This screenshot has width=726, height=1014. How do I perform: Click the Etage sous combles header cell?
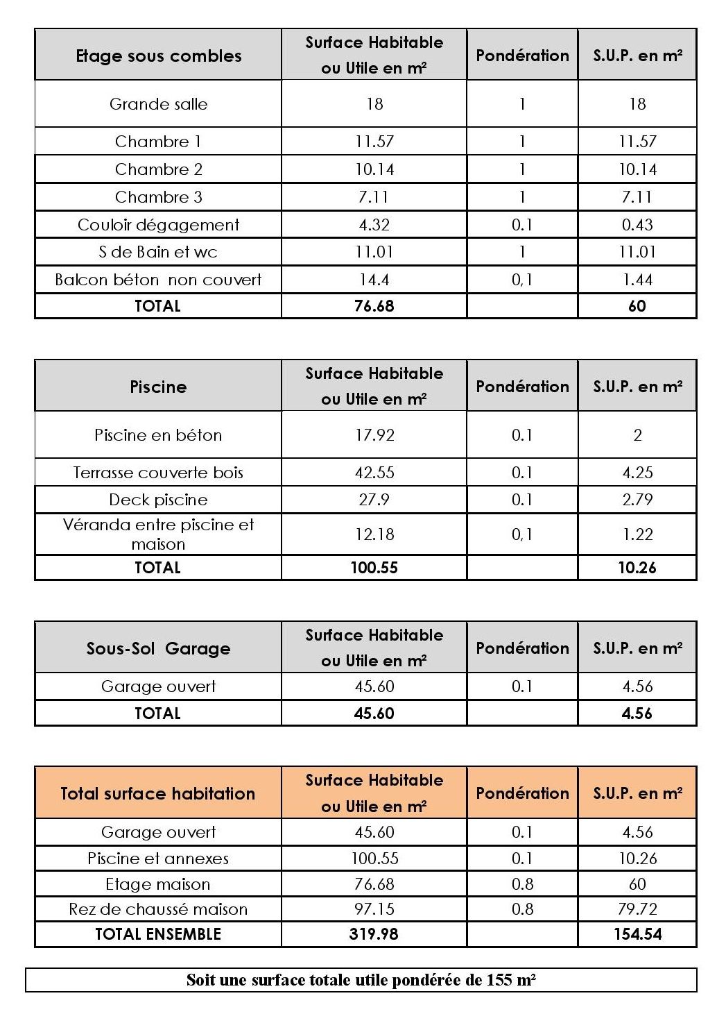point(158,56)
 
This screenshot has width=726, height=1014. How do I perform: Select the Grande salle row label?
point(158,104)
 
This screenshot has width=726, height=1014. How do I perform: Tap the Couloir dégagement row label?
point(158,225)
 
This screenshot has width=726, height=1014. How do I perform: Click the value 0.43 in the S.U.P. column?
point(637,225)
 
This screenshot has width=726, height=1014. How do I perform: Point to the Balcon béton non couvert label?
point(158,280)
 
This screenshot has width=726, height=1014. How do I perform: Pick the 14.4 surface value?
point(374,280)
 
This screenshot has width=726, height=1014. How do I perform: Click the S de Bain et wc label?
point(158,252)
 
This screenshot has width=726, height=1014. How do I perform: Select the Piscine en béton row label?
point(158,435)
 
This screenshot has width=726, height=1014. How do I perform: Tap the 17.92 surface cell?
point(374,435)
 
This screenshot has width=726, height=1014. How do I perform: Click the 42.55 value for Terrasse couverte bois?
point(374,473)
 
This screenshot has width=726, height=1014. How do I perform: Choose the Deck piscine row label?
point(158,500)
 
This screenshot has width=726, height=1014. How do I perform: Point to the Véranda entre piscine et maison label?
point(158,534)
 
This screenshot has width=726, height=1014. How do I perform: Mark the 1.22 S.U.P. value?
point(637,534)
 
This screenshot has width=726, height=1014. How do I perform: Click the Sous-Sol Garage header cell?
point(158,648)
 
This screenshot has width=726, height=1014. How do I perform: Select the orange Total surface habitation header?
point(158,793)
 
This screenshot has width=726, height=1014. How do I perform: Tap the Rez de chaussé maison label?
point(158,909)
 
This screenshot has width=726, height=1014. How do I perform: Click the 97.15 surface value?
point(374,909)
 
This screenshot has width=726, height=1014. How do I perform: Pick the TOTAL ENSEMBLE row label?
point(158,934)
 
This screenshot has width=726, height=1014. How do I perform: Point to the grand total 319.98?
point(374,934)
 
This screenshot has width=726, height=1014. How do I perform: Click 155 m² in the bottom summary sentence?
point(510,980)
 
